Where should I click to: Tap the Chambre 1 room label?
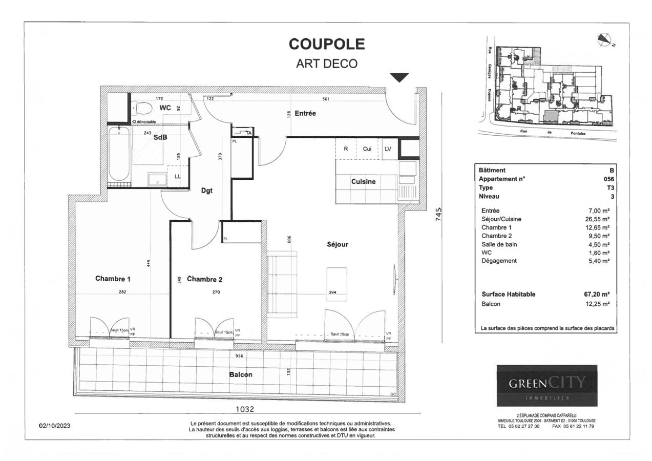pyautogui.click(x=113, y=279)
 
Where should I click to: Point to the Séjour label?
pyautogui.click(x=337, y=245)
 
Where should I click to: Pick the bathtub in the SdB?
pyautogui.click(x=119, y=155)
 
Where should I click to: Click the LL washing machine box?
pyautogui.click(x=177, y=176)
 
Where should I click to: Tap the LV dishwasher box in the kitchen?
pyautogui.click(x=388, y=149)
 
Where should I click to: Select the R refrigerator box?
pyautogui.click(x=346, y=149)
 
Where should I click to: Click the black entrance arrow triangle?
pyautogui.click(x=400, y=77)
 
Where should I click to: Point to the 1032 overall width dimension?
pyautogui.click(x=244, y=409)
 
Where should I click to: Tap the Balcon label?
pyautogui.click(x=240, y=374)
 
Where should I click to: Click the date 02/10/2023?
pyautogui.click(x=55, y=426)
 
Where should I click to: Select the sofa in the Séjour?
pyautogui.click(x=278, y=283)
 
